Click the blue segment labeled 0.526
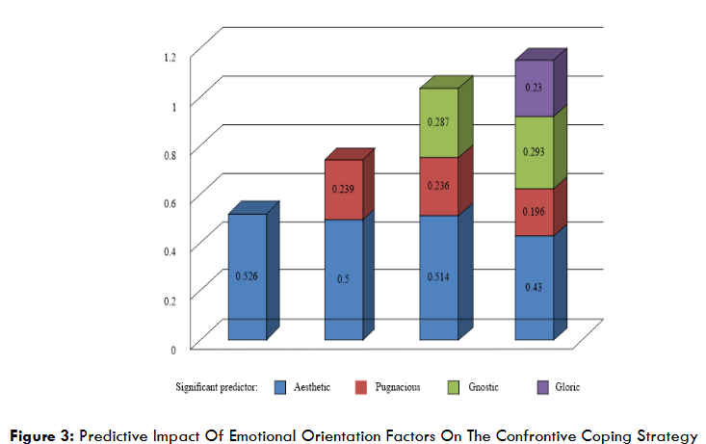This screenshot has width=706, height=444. point(248,276)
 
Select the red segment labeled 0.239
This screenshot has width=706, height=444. point(343,190)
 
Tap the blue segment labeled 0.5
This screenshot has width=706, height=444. point(343,279)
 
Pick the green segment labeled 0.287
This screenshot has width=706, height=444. point(438,123)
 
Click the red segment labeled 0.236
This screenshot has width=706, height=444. point(438,187)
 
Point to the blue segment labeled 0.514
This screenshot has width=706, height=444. point(438,277)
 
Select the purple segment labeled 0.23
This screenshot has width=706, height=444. point(534,88)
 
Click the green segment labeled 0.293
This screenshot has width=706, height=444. point(534,152)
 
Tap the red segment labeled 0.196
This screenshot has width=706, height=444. point(534,212)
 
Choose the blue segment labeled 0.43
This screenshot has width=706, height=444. point(534,287)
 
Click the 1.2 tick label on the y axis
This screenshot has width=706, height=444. point(170,57)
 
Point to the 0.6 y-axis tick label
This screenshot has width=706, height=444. point(170,202)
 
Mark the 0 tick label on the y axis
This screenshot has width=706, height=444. point(174,349)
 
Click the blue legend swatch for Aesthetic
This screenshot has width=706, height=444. point(281,387)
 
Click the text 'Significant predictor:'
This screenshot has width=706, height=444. point(218,387)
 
